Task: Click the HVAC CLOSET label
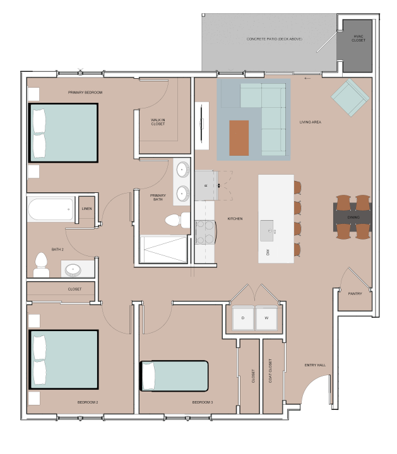point(358,38)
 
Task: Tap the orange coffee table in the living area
point(239,138)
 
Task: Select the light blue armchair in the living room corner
point(350,98)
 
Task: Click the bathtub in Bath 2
point(50,209)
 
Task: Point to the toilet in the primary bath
point(177,220)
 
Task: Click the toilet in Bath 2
point(41,265)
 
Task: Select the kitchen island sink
point(266,231)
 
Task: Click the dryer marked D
point(243,318)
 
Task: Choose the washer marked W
point(266,318)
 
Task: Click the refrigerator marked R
point(206,185)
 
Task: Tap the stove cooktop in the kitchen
point(206,232)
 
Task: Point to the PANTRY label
point(355,294)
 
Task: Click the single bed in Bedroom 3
point(174,376)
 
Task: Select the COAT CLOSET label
point(270,371)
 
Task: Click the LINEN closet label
point(86,209)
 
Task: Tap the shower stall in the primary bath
point(163,250)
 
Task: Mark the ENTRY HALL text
point(315,365)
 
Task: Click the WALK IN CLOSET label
point(158,122)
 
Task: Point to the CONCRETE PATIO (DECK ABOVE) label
point(275,39)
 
